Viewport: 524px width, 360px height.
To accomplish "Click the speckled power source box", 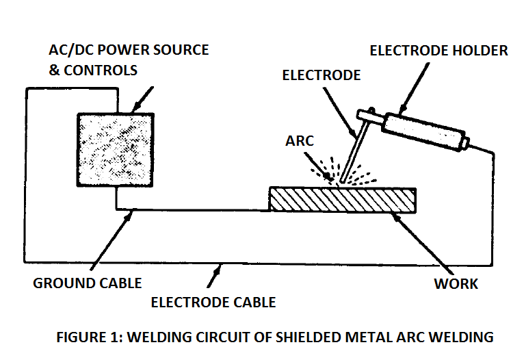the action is pos(116,150).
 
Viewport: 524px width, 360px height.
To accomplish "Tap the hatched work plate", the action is pos(343,200).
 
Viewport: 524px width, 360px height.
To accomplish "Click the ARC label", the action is pos(300,141).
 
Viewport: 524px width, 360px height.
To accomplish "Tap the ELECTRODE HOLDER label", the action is pos(438,51).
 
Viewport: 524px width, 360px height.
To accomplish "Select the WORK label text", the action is pos(456,284).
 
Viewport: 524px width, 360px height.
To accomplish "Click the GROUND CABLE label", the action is pos(88,283).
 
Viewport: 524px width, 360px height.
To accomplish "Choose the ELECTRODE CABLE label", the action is pos(213,303).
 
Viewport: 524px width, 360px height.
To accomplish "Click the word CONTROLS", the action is pos(101,70).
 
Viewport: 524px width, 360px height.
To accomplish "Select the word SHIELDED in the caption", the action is pos(309,337).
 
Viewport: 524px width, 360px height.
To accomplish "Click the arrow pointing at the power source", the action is pos(142,100).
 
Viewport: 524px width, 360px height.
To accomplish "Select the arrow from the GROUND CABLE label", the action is pos(112,240).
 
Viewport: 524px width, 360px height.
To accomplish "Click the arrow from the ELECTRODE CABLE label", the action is pos(215,275).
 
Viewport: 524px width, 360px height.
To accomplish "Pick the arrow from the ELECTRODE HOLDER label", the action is pos(414,88).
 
